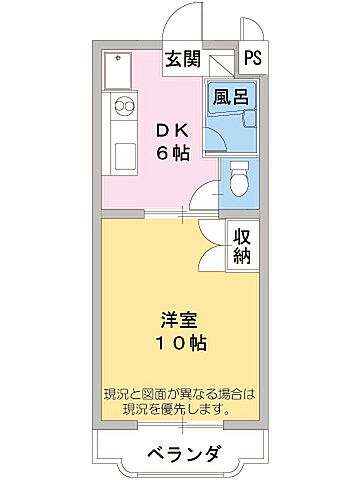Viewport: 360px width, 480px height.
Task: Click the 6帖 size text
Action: pyautogui.click(x=166, y=154)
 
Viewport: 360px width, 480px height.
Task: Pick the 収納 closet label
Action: pyautogui.click(x=242, y=245)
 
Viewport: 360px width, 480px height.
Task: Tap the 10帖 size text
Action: pyautogui.click(x=181, y=343)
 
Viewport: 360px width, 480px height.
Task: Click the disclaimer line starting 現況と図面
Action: pyautogui.click(x=181, y=393)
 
